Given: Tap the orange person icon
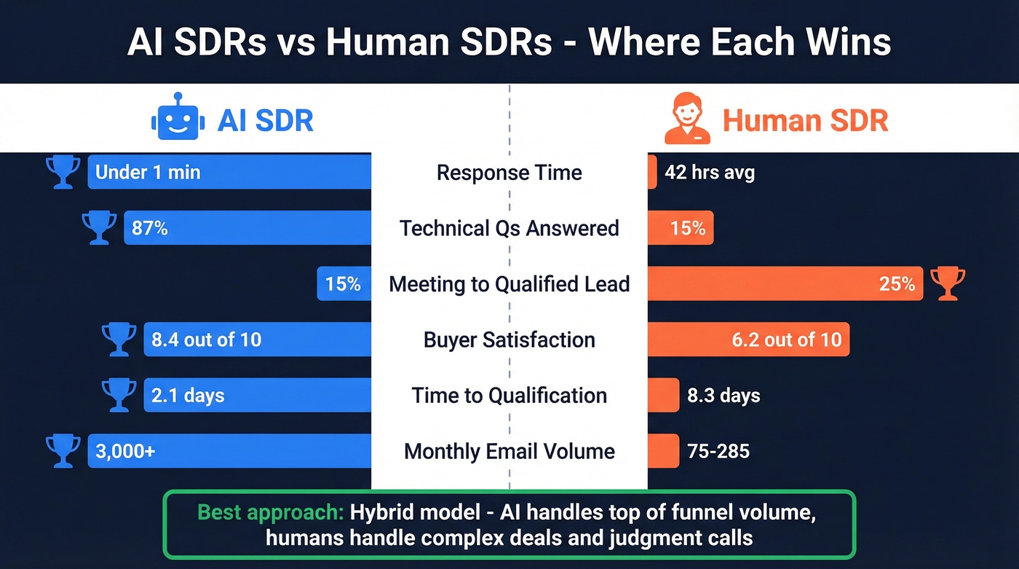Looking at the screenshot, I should (687, 119).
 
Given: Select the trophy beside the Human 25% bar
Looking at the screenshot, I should (948, 283).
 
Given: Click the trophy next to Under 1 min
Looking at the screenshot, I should (63, 173).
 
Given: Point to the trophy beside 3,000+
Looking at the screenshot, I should (63, 451).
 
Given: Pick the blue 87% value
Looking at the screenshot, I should (150, 228).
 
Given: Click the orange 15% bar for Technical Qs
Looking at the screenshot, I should (680, 228).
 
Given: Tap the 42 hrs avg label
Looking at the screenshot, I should (709, 173).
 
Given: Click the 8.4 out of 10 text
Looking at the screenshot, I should (206, 340).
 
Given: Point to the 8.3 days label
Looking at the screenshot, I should (723, 396).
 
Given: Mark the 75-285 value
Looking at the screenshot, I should (718, 451).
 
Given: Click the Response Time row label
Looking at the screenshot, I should (509, 173).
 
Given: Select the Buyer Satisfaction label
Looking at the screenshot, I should (509, 340).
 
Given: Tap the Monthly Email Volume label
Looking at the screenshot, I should (509, 451).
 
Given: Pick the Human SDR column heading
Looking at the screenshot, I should (805, 120).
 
